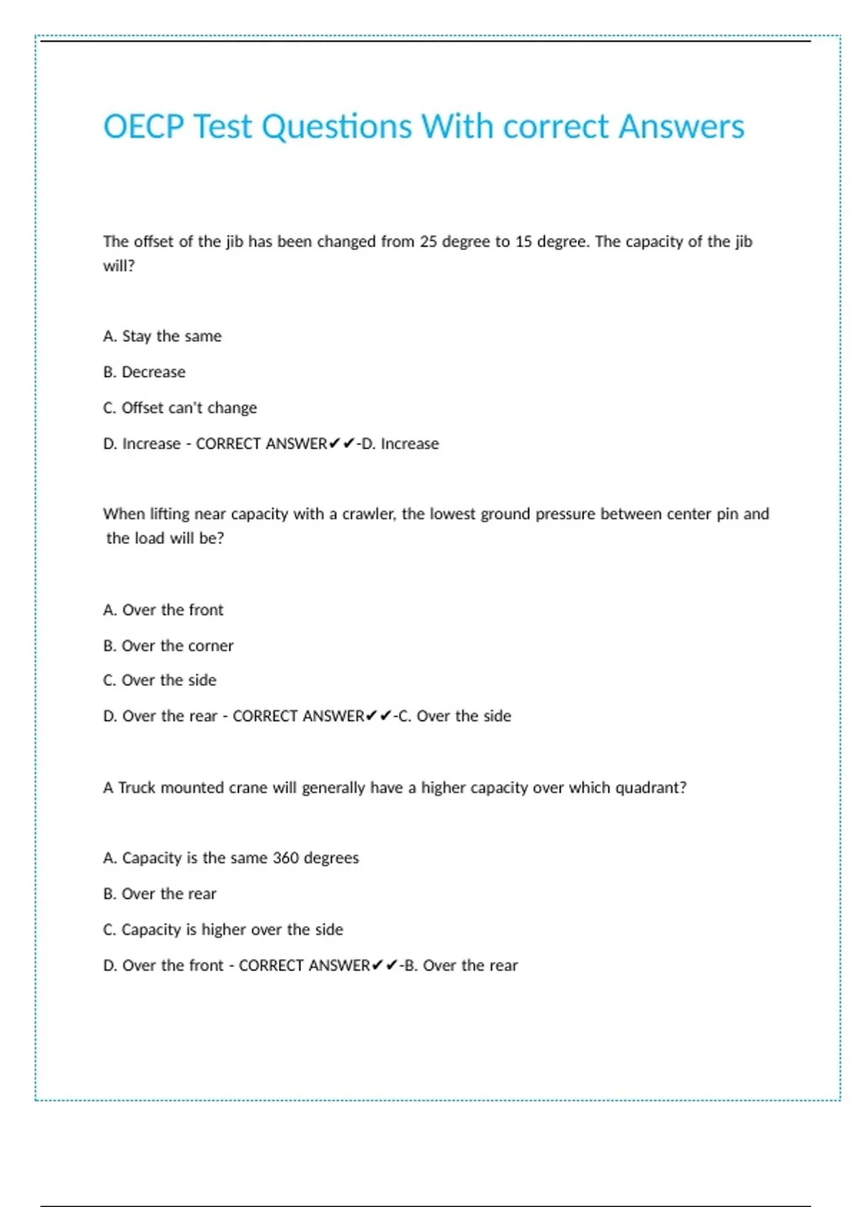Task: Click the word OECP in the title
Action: [x=143, y=127]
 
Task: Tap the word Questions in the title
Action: [x=337, y=127]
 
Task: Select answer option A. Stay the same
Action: [x=162, y=337]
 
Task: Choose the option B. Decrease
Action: [x=144, y=372]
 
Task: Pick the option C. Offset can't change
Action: [x=180, y=408]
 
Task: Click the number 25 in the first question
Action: [x=428, y=242]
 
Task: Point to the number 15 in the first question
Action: [x=523, y=242]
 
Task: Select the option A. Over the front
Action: [x=163, y=610]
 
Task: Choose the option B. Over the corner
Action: [x=168, y=646]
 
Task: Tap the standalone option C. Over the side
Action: [x=160, y=680]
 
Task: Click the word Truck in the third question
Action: [x=136, y=788]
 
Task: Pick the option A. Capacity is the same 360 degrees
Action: [x=231, y=858]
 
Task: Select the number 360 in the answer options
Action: [x=285, y=858]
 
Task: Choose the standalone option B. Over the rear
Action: [x=160, y=894]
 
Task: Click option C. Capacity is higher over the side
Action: [x=223, y=930]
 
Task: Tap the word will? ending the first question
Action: [x=119, y=266]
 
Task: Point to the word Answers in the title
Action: [x=682, y=127]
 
